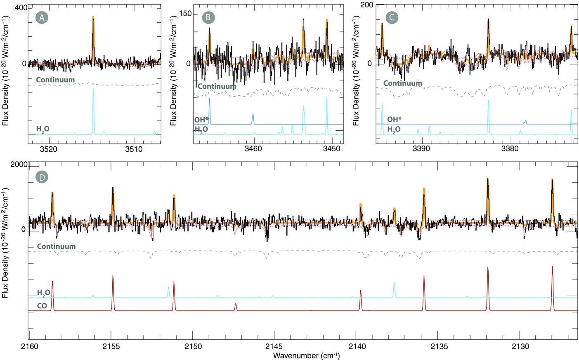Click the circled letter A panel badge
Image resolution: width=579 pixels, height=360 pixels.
[x=42, y=17]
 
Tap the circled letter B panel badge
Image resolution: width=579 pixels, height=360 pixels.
[x=208, y=17]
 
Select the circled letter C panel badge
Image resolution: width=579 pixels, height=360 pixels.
[x=392, y=17]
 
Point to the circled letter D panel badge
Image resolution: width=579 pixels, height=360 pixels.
[x=42, y=177]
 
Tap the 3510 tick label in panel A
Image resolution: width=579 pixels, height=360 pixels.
[x=134, y=149]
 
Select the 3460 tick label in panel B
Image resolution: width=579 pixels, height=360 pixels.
[x=253, y=149]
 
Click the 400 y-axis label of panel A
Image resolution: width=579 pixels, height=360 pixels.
[x=21, y=8]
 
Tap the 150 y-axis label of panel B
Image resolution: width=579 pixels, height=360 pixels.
[x=186, y=14]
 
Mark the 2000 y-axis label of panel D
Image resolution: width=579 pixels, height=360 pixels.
[x=19, y=165]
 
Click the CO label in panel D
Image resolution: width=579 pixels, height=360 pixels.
[x=42, y=306]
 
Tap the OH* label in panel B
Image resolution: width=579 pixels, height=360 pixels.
[x=201, y=120]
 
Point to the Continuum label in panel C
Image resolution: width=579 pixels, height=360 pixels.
[x=402, y=83]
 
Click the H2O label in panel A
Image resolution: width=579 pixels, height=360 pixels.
[x=43, y=129]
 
